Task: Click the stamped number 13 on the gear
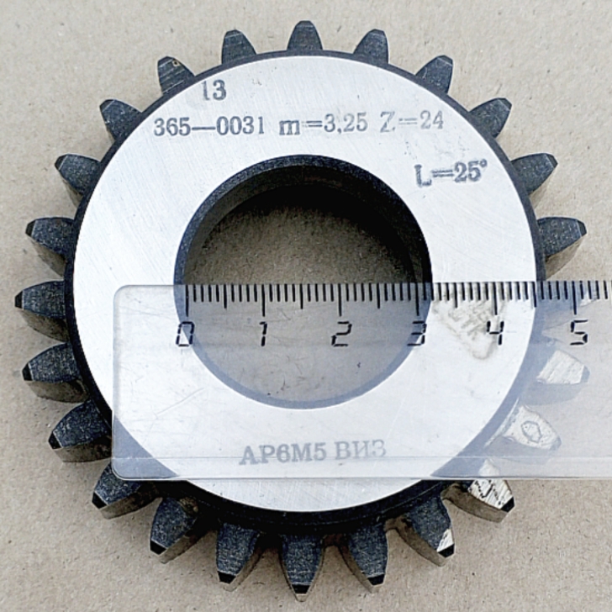[214, 91]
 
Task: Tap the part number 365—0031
[209, 127]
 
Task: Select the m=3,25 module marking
[324, 124]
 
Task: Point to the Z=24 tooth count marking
[412, 121]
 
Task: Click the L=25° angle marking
[451, 174]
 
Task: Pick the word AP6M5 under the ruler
[283, 454]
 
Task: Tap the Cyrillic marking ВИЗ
[361, 450]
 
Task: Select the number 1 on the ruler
[263, 335]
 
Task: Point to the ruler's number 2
[340, 335]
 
